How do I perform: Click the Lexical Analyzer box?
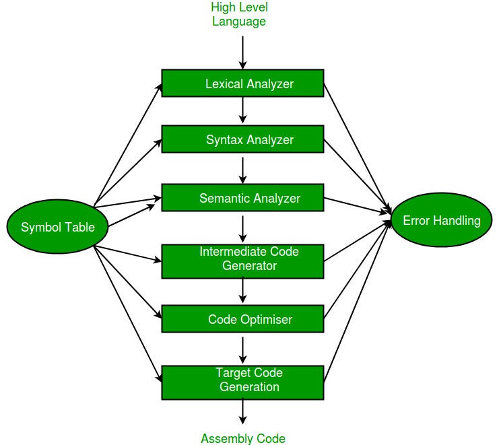[x=242, y=83]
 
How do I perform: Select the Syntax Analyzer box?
[x=242, y=139]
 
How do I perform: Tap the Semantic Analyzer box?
[x=242, y=199]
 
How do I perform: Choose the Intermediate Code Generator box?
[x=242, y=260]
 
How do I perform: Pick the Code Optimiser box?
[x=242, y=319]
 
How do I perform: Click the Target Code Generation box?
[x=242, y=381]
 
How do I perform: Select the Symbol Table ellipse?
[x=51, y=228]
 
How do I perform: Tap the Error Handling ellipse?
[x=441, y=220]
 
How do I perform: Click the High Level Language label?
[x=239, y=14]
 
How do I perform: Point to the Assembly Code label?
[x=242, y=438]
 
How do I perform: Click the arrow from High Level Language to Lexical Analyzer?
[x=242, y=51]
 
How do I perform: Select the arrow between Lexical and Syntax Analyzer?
[x=242, y=111]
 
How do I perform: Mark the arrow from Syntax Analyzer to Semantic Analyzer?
[x=242, y=168]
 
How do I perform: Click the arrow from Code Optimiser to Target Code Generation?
[x=242, y=349]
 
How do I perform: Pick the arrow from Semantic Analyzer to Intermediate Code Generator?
[x=242, y=228]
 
